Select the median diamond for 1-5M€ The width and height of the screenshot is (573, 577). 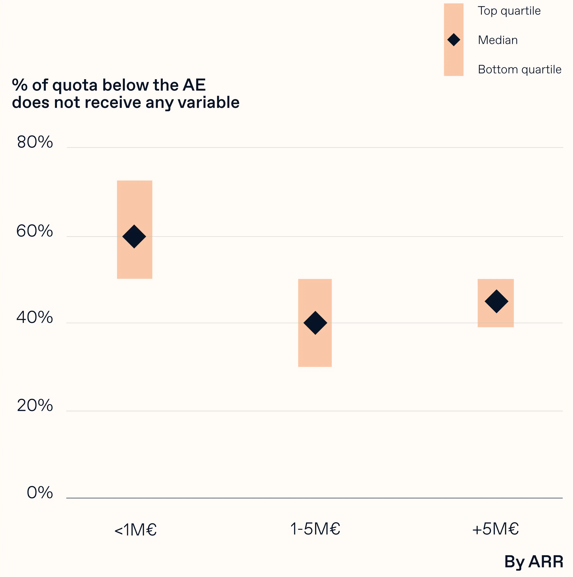315,323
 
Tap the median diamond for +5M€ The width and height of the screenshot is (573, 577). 496,301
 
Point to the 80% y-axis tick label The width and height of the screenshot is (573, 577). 35,142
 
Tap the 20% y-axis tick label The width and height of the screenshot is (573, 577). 35,406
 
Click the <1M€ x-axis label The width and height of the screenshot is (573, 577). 135,530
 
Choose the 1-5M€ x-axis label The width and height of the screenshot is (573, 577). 315,529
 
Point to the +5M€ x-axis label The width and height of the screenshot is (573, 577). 495,529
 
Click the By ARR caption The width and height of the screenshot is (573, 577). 534,562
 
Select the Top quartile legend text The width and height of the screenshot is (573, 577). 509,11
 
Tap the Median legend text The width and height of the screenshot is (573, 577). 497,40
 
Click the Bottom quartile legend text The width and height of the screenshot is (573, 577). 520,70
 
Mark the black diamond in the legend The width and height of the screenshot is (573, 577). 454,40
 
